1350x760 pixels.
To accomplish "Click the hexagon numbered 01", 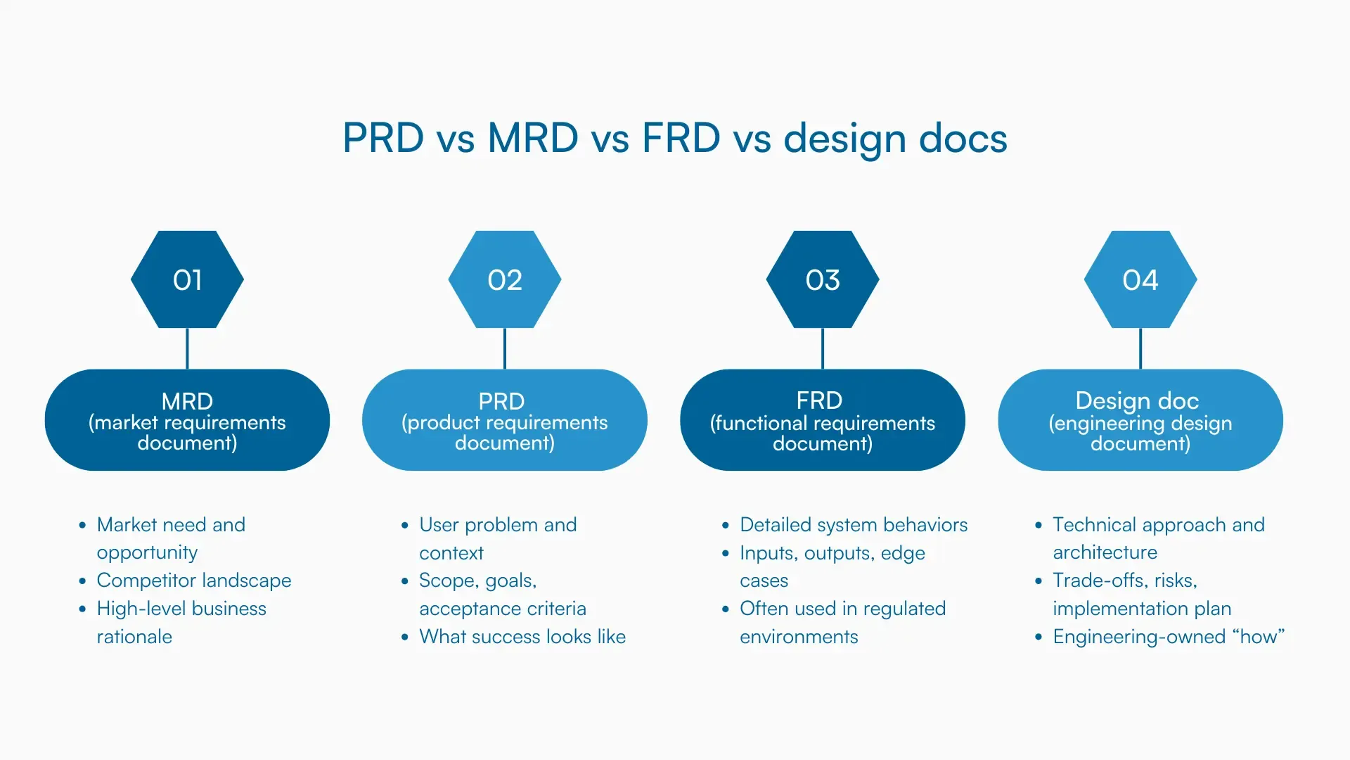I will [187, 279].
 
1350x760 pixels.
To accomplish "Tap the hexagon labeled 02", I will [505, 279].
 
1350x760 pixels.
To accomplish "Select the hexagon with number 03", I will [823, 279].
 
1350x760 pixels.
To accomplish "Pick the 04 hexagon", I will [1140, 279].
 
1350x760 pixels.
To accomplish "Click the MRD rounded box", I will [187, 420].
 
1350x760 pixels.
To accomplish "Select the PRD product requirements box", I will [505, 420].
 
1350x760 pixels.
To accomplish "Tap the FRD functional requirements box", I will [823, 420].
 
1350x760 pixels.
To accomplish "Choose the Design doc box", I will [1140, 420].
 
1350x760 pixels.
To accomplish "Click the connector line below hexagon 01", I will [187, 348].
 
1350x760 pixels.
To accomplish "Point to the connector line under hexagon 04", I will [1140, 348].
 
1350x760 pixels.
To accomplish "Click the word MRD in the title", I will [532, 138].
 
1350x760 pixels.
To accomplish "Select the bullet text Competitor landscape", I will [194, 581].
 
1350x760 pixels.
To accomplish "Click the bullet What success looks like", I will [522, 637].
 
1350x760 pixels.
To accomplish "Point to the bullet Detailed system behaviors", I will [853, 525].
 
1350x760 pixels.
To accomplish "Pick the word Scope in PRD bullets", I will [440, 581].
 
